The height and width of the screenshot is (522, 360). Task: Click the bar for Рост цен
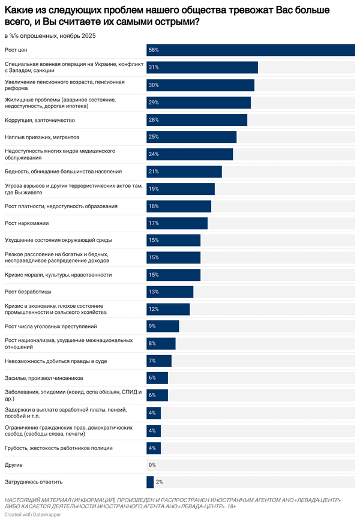pyautogui.click(x=251, y=50)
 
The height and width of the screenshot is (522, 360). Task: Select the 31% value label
pyautogui.click(x=154, y=67)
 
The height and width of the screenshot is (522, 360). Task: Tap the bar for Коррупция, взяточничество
pyautogui.click(x=197, y=119)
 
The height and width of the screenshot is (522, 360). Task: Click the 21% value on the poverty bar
pyautogui.click(x=154, y=172)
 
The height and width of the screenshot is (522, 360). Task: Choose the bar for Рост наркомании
pyautogui.click(x=177, y=223)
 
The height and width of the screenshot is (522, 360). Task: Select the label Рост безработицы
pyautogui.click(x=28, y=292)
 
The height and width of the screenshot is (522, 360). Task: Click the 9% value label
pyautogui.click(x=152, y=326)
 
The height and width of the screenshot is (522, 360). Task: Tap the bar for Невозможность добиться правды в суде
pyautogui.click(x=159, y=361)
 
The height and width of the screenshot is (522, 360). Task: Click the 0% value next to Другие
pyautogui.click(x=152, y=465)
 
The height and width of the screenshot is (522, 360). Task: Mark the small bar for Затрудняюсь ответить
pyautogui.click(x=150, y=482)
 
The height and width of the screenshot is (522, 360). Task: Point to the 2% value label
pyautogui.click(x=159, y=482)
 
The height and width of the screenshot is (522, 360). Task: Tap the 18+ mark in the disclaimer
pyautogui.click(x=232, y=507)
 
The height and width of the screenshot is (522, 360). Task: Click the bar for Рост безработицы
pyautogui.click(x=170, y=292)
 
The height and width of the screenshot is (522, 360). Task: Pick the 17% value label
pyautogui.click(x=154, y=223)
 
